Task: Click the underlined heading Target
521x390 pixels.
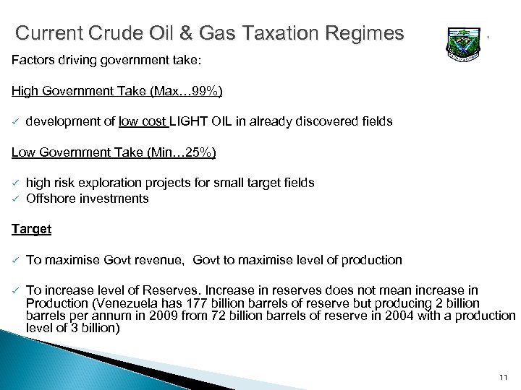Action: tap(31, 229)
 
